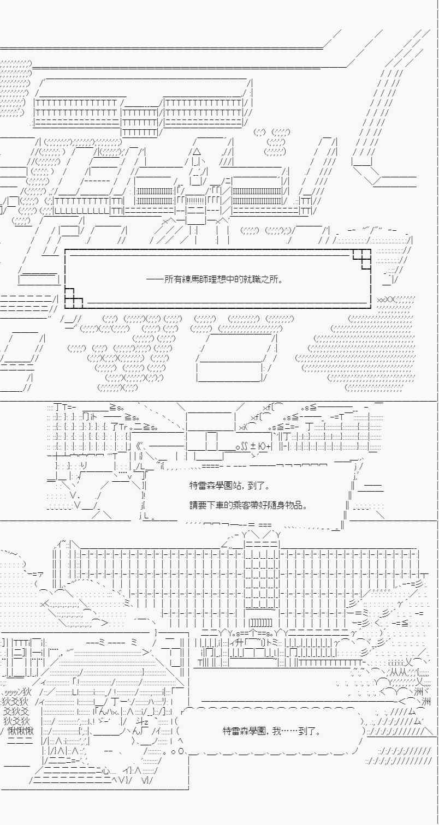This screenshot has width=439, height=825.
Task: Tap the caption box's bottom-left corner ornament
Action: pos(73,300)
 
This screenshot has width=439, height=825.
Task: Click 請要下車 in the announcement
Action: pos(206,505)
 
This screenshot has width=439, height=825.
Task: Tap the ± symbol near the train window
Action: pos(254,447)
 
